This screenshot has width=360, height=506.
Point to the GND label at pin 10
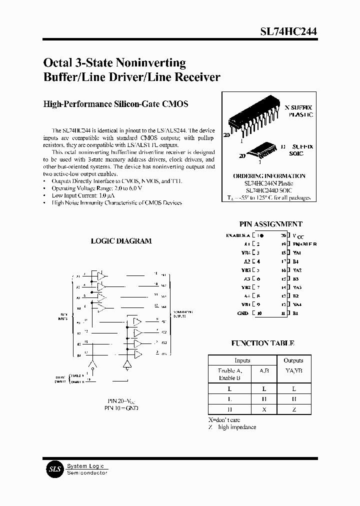(242, 313)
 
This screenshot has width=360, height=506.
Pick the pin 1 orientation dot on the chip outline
(262, 235)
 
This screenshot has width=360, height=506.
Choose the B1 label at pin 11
(295, 313)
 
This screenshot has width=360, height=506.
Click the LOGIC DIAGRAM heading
(121, 241)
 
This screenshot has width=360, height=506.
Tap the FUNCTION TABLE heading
(262, 343)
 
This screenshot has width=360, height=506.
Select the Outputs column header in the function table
(293, 360)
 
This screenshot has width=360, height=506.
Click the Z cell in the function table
(293, 409)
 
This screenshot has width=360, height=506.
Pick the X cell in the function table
(264, 409)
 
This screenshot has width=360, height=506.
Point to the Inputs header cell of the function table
(242, 360)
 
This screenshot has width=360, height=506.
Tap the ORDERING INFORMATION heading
(269, 176)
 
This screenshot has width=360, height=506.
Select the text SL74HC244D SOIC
(269, 190)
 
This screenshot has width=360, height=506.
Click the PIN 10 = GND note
(121, 408)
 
